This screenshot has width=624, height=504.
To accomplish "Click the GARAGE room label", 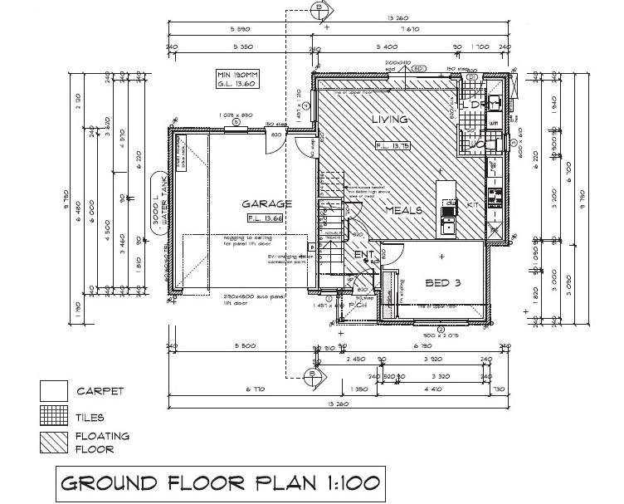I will (x=266, y=203).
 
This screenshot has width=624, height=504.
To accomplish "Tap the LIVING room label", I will (x=390, y=120).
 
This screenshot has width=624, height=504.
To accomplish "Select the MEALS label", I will (x=403, y=210).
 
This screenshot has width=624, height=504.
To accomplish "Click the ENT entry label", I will (x=363, y=254).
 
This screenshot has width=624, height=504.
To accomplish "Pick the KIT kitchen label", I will (x=474, y=203).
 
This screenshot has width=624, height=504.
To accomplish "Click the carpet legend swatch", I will (x=55, y=391).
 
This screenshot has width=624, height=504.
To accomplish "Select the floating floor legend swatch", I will (x=55, y=442).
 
